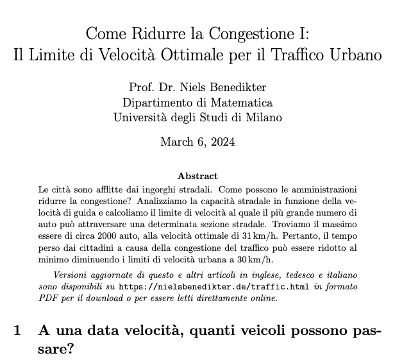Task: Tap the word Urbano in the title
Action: [356, 55]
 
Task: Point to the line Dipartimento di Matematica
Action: [197, 103]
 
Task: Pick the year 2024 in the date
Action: [222, 142]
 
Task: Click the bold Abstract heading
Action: [197, 176]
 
